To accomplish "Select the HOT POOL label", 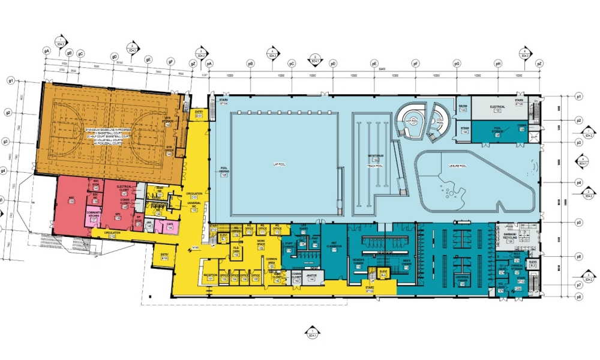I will pyautogui.click(x=412, y=121).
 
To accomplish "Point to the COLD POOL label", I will pyautogui.click(x=440, y=121).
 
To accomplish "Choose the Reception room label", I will pyautogui.click(x=210, y=277).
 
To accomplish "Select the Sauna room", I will pyautogui.click(x=463, y=107).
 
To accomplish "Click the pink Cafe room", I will pyautogui.click(x=170, y=226).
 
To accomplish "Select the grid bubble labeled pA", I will pyautogui.click(x=209, y=62).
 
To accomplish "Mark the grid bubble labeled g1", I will pyautogui.click(x=11, y=80).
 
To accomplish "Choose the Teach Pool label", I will pyautogui.click(x=376, y=161).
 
